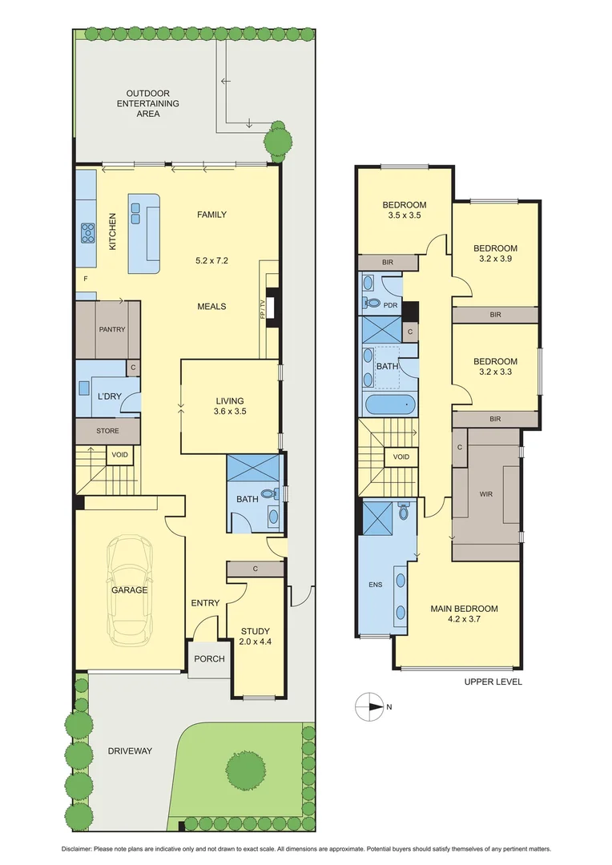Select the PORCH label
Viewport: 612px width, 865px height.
click(207, 659)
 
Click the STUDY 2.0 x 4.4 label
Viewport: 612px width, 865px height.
click(255, 636)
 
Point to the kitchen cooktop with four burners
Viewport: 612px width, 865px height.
click(87, 233)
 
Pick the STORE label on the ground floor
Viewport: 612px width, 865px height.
click(107, 431)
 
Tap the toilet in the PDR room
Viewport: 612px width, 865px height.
click(373, 304)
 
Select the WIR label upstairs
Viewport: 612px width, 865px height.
click(485, 494)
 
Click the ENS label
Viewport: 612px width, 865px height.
click(375, 585)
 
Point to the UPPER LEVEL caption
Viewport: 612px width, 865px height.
click(493, 682)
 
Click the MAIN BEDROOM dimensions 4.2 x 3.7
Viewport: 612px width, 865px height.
click(464, 619)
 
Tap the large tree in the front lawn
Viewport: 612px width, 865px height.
click(245, 770)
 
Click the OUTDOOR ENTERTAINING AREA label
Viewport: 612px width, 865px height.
click(148, 104)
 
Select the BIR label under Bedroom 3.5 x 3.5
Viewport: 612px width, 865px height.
click(387, 263)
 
